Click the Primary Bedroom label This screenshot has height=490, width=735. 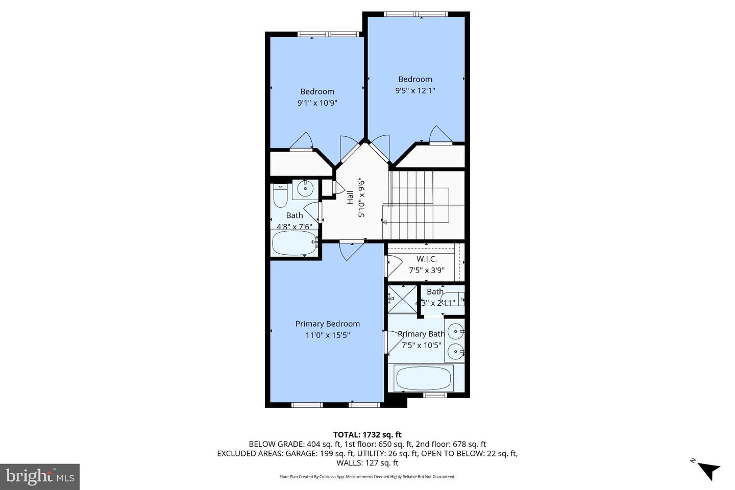327,324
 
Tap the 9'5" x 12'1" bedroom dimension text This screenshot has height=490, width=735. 415,91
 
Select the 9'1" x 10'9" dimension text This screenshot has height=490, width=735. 317,103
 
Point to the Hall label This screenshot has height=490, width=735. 350,198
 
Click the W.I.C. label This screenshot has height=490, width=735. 426,259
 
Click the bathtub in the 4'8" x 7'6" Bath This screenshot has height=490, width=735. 294,243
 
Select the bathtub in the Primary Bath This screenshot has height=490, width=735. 424,378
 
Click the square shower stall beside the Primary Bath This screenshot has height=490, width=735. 402,300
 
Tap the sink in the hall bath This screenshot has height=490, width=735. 305,188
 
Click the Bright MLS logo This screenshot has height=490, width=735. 40,477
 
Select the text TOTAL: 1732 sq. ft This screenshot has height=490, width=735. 367,435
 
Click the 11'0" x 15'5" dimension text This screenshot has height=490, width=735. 327,335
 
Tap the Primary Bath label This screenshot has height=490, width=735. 421,334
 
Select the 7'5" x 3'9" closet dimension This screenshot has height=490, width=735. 427,271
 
